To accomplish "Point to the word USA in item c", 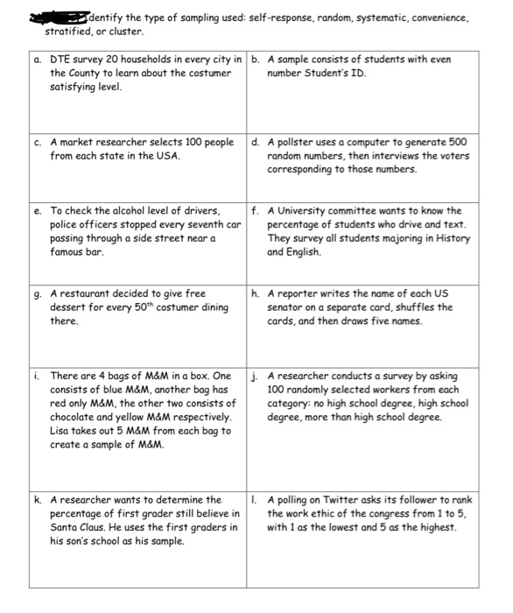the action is pyautogui.click(x=167, y=155).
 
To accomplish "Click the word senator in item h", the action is pyautogui.click(x=288, y=307).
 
